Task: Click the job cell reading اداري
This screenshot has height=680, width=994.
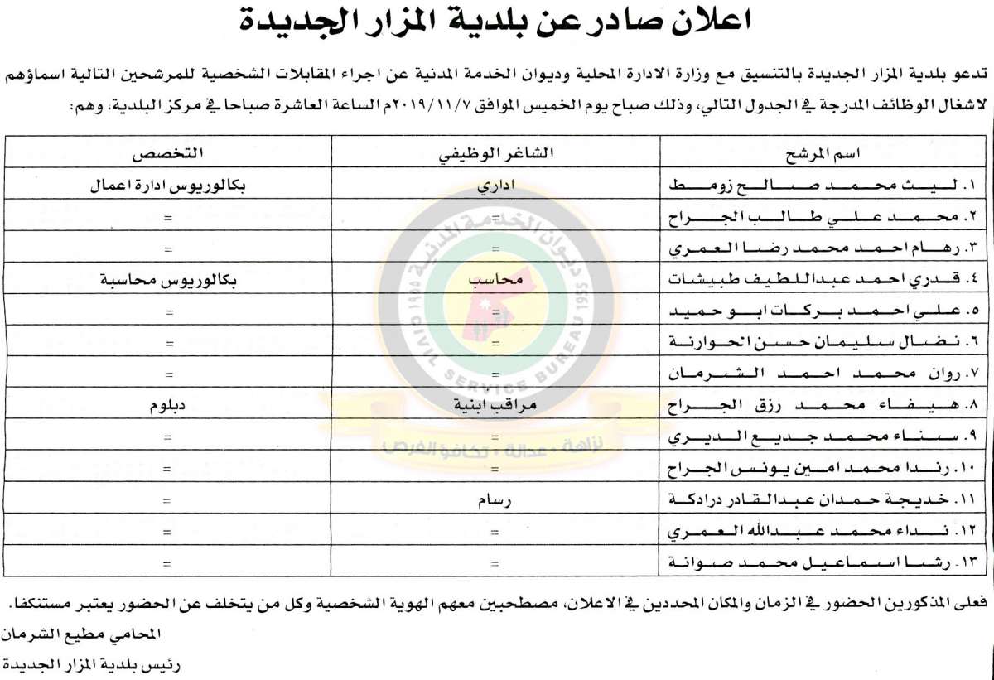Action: click(x=495, y=186)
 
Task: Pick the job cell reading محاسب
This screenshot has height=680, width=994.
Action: click(x=495, y=280)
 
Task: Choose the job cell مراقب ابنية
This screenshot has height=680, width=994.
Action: click(x=495, y=407)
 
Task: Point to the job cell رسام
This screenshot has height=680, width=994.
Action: click(x=495, y=500)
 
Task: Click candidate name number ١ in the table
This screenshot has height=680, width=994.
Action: click(x=825, y=186)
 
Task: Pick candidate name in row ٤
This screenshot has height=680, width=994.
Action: click(x=825, y=280)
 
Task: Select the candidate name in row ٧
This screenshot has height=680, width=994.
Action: click(x=825, y=374)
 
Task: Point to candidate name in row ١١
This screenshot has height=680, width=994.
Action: click(x=825, y=500)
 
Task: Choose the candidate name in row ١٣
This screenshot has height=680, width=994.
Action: click(x=825, y=563)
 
